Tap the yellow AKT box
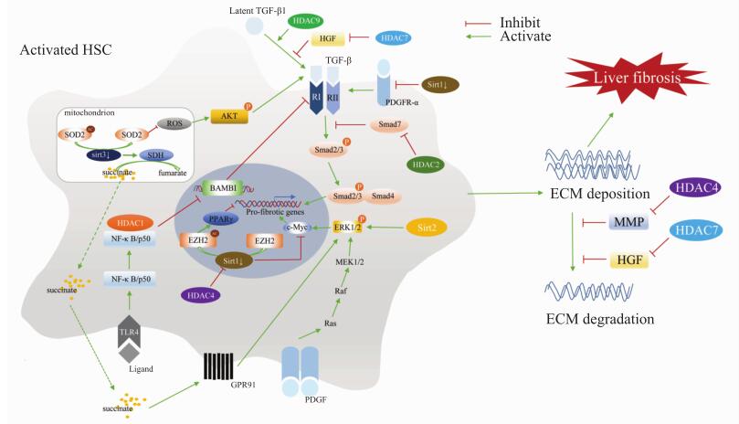tap(231, 116)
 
